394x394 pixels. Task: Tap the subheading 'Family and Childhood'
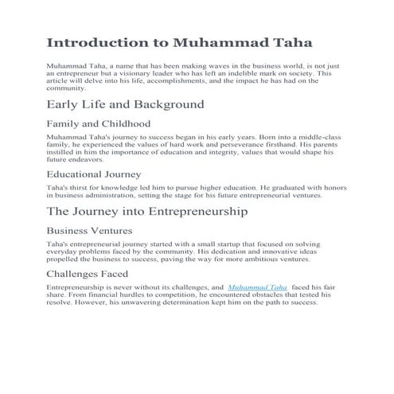pos(99,124)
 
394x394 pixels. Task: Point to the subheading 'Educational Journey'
pos(95,174)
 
